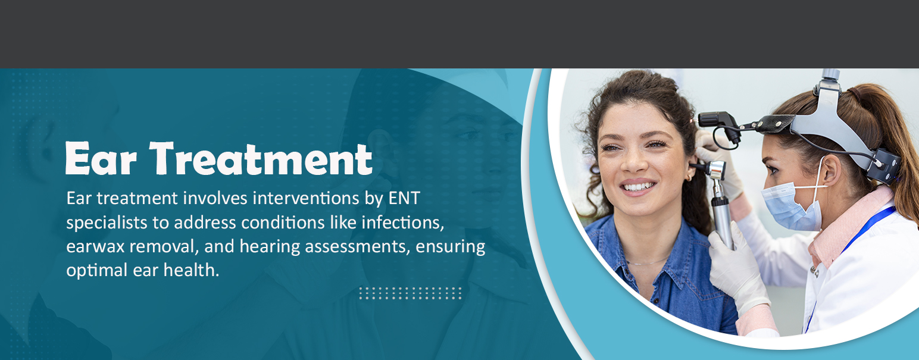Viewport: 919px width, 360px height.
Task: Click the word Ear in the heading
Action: (101, 159)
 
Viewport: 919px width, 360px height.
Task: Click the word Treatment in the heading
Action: (261, 159)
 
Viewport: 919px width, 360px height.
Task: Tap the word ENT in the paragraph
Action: (404, 199)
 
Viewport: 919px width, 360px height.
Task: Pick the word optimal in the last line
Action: (97, 271)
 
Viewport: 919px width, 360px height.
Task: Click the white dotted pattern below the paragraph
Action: (410, 293)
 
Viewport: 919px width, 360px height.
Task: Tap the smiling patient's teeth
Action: (638, 187)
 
